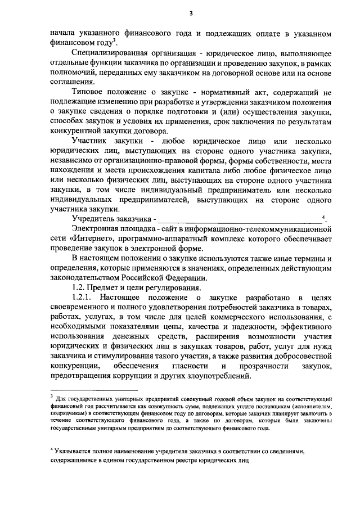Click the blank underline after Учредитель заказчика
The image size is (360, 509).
pos(239,219)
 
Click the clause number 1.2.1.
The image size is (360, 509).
pos(85,297)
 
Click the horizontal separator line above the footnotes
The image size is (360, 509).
pos(93,389)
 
